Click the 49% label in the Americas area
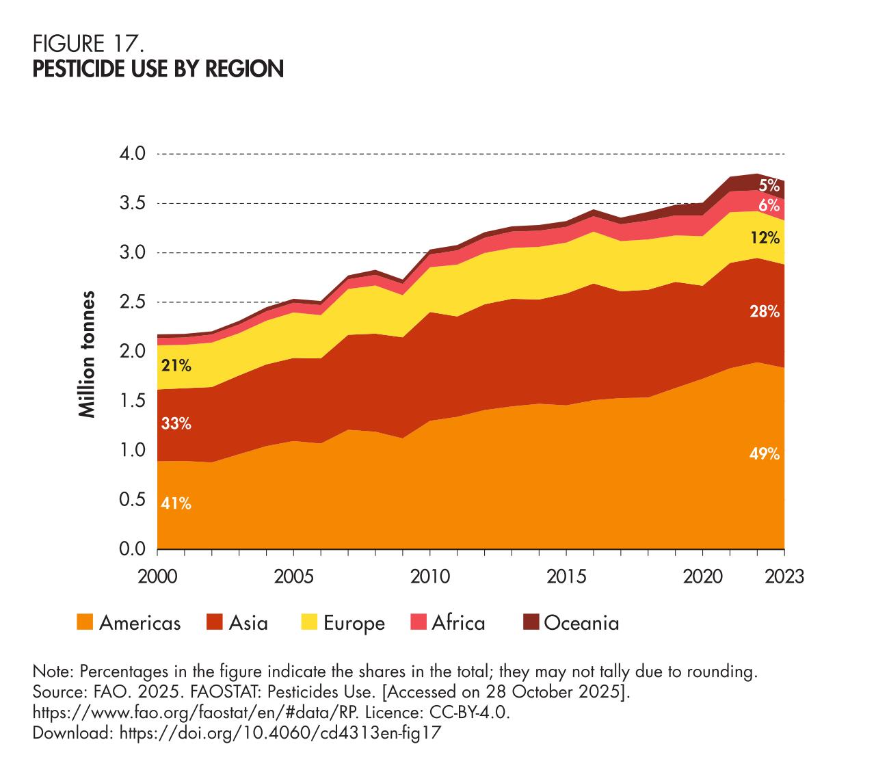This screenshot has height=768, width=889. click(764, 453)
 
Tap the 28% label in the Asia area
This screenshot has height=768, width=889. click(764, 312)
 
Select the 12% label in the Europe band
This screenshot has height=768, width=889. click(764, 238)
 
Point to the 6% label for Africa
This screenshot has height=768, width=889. click(769, 204)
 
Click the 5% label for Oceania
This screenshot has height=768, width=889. click(769, 185)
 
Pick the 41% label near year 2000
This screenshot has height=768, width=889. click(176, 504)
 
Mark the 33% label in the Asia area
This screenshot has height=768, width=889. click(176, 423)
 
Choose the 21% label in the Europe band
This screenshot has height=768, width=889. click(176, 365)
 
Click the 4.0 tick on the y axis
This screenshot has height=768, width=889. click(133, 154)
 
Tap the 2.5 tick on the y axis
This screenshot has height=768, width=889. click(133, 302)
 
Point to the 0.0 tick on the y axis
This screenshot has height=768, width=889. click(133, 549)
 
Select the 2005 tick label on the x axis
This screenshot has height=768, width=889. click(294, 577)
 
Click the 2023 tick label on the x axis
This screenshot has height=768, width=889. click(784, 577)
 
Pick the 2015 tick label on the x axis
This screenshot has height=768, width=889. click(566, 577)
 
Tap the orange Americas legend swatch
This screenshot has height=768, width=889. click(84, 622)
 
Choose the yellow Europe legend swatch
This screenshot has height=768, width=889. click(309, 622)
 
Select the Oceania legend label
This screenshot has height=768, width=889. click(581, 623)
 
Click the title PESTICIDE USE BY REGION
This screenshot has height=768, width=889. click(158, 69)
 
